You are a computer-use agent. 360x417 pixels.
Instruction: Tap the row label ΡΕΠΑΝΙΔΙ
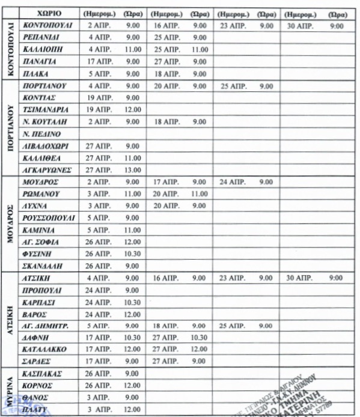click(x=41, y=38)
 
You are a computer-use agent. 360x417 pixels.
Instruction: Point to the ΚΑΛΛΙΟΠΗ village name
click(x=42, y=49)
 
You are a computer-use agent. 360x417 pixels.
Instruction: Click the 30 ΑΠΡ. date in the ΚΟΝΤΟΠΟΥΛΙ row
click(x=298, y=26)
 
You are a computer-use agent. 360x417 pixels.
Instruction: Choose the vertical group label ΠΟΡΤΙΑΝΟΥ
click(x=10, y=128)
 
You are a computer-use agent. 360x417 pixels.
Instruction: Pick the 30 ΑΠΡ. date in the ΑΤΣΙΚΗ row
click(x=298, y=278)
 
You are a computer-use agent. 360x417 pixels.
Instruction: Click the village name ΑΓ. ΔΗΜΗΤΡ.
click(x=45, y=326)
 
